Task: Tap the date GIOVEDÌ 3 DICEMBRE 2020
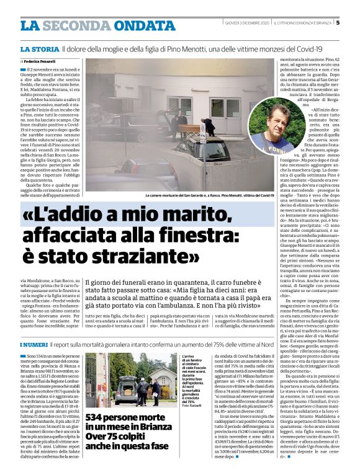pos(246,25)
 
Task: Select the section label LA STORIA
pos(39,48)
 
